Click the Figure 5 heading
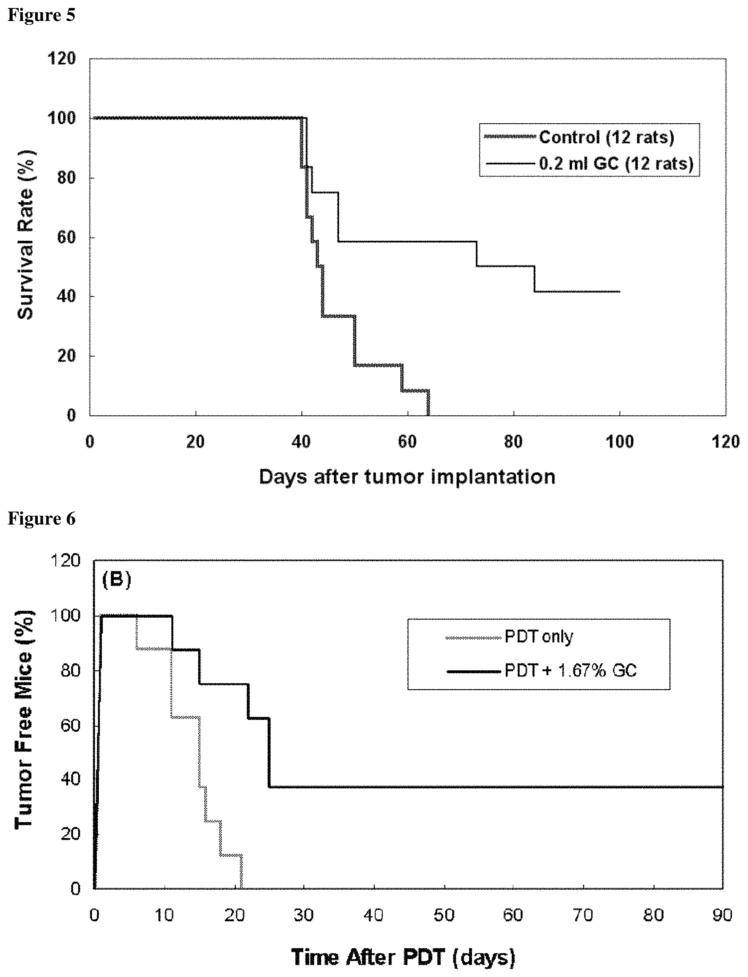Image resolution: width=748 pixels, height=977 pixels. coord(41,15)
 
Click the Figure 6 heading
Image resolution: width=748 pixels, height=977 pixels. coord(41,518)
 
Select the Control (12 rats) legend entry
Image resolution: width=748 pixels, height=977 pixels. coord(579,137)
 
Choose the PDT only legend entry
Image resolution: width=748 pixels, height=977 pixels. coord(509,637)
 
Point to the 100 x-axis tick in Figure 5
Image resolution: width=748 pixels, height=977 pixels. coord(620,441)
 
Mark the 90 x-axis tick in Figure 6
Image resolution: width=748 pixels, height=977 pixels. coord(723,915)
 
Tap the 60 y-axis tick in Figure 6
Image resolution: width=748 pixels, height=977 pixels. coord(70,725)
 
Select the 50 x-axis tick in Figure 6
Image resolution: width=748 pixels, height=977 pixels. coord(443,915)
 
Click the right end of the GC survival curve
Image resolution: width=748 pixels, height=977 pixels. coord(620,291)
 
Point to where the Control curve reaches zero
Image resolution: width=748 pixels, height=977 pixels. coord(428,415)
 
